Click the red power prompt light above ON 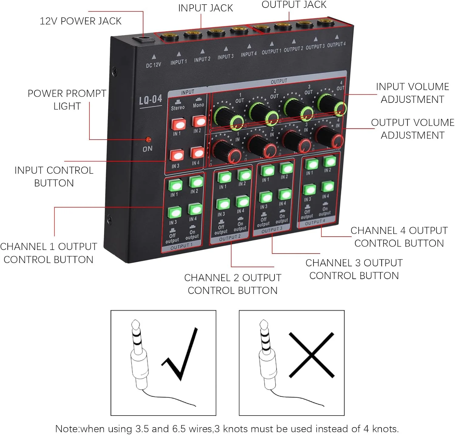[148, 140]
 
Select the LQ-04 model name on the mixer [150, 100]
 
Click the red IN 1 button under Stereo [179, 124]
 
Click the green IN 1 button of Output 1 [175, 185]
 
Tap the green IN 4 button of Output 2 [242, 201]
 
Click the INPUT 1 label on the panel [178, 62]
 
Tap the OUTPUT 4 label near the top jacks [336, 45]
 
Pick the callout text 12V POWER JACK [80, 21]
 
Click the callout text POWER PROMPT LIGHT [67, 100]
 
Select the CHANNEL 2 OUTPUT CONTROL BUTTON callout [233, 284]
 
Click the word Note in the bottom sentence [67, 429]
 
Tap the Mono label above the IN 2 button [198, 105]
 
